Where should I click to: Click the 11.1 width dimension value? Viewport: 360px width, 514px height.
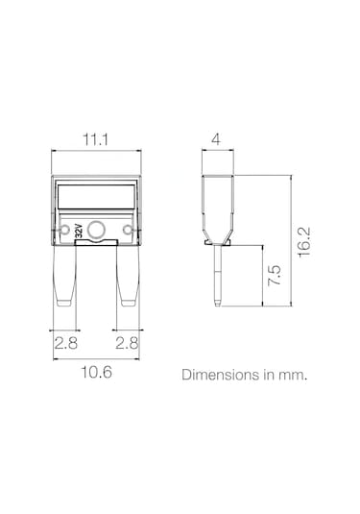click(x=95, y=140)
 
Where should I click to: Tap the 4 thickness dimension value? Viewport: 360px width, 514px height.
click(x=216, y=139)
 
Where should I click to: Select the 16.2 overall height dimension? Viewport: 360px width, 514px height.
click(x=304, y=242)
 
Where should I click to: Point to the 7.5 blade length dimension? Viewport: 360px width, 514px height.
click(x=275, y=276)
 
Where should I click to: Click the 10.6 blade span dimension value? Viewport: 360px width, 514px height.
click(x=96, y=372)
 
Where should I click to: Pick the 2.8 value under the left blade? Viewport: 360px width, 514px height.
click(x=66, y=343)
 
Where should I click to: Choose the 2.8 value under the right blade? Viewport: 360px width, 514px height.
click(x=127, y=343)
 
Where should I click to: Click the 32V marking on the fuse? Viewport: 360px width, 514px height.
click(x=79, y=231)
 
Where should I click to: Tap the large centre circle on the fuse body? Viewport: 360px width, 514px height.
click(x=96, y=230)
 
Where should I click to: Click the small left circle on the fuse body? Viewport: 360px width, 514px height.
click(x=65, y=230)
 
